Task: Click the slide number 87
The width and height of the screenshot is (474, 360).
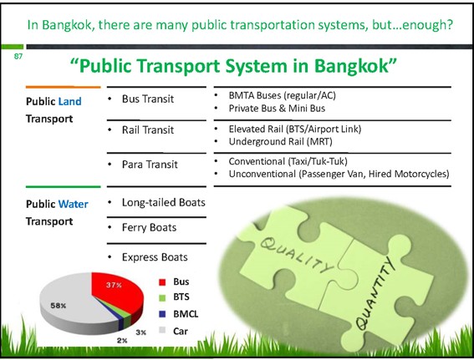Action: pos(18,56)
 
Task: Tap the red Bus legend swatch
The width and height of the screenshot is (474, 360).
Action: pos(162,282)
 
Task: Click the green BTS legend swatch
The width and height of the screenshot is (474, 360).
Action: pos(162,297)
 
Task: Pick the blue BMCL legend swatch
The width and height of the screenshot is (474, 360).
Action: pos(162,314)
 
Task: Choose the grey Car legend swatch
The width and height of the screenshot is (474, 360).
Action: pos(162,331)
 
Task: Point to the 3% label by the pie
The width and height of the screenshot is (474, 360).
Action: pos(141,332)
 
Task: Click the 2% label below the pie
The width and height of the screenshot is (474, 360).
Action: pos(122,341)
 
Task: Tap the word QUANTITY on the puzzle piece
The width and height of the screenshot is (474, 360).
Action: pos(375,295)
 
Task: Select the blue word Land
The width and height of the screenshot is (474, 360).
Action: pos(70,101)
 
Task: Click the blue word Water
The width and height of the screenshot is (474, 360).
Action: pos(74,204)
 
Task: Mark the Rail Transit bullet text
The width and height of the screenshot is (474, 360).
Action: pos(148,130)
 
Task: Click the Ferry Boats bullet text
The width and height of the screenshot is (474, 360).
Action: pos(149,228)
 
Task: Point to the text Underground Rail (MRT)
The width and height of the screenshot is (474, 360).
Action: pos(281,142)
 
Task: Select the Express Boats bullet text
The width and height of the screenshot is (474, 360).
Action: pos(155,257)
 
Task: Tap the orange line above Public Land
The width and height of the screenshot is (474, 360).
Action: pos(64,87)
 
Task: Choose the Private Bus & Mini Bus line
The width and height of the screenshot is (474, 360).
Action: pos(277,109)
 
